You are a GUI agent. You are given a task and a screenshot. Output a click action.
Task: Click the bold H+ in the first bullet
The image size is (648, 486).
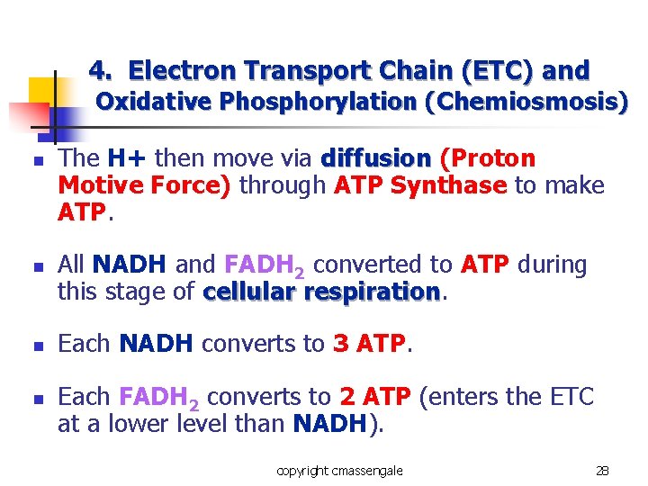pos(128,159)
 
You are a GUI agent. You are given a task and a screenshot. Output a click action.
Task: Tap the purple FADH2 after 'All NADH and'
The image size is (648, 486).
pos(265,266)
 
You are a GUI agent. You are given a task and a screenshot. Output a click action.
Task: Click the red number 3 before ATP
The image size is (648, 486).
pos(340,344)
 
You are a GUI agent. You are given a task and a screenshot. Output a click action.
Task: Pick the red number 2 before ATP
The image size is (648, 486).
pos(347,397)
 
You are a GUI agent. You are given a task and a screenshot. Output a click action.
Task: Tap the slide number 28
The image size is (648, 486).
pos(602,471)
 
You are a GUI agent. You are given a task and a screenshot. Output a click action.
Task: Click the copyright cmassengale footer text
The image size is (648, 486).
pos(339,471)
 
